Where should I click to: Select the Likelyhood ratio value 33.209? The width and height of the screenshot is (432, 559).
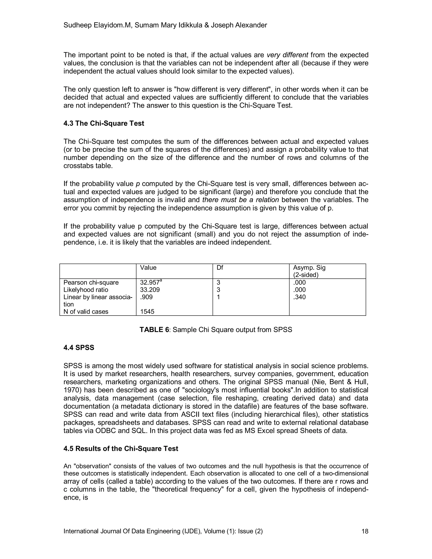[150, 290]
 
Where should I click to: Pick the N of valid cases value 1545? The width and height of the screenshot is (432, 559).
[147, 312]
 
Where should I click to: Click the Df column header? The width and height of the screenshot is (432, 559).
[220, 267]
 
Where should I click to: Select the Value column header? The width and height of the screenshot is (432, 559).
[148, 267]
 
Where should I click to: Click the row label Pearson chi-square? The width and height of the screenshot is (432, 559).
[91, 283]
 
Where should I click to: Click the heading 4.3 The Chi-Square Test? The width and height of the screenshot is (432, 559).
[104, 123]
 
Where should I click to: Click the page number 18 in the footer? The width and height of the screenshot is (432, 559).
[365, 531]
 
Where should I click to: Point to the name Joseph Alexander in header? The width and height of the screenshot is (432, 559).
[239, 25]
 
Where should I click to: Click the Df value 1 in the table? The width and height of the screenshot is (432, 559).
[218, 297]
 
